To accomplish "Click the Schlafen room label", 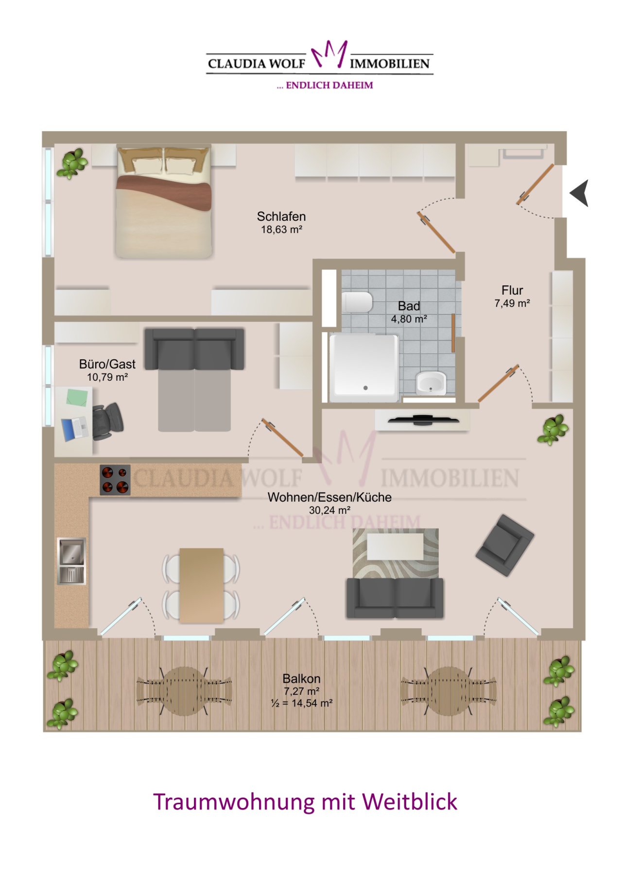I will [x=281, y=216].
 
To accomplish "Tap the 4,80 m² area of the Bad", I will [x=409, y=319].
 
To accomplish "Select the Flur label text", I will [x=512, y=290].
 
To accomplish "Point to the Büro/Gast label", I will [x=107, y=364].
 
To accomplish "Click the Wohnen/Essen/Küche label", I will [x=329, y=497].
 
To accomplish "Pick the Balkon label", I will [x=301, y=679].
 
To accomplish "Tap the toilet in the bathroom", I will [x=357, y=302].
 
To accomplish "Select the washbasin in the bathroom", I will [x=431, y=384].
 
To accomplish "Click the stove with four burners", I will [x=115, y=480].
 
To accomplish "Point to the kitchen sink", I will [x=72, y=561].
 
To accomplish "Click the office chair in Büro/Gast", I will [x=107, y=421].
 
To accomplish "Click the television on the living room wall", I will [x=423, y=419].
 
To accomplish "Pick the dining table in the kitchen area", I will [x=202, y=585].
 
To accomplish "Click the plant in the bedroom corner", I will [x=72, y=163].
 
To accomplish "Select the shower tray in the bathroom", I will [x=363, y=367].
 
